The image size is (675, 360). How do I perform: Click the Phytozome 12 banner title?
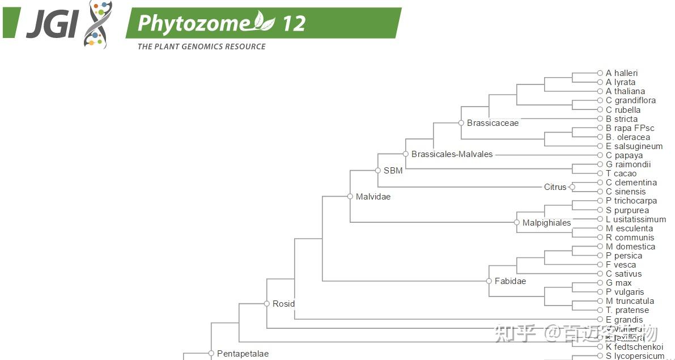(222, 23)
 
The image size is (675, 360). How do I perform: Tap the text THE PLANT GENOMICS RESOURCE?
(201, 46)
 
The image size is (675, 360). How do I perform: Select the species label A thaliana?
(625, 91)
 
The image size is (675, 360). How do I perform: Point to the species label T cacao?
(621, 173)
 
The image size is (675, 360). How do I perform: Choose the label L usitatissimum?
(636, 219)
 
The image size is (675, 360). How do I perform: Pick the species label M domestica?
(630, 247)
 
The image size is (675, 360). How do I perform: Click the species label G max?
(618, 283)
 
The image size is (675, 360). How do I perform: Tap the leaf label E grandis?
(624, 320)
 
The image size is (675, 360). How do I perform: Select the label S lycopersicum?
(635, 356)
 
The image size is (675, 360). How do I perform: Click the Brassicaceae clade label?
(493, 123)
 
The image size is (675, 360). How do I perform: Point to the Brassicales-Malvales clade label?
(452, 154)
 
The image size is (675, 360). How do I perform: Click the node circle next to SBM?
(378, 170)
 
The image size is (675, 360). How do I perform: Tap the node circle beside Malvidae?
(350, 197)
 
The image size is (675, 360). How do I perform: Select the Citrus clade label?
(555, 187)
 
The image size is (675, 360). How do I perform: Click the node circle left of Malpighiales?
(517, 223)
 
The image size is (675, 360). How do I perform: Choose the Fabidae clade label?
(510, 281)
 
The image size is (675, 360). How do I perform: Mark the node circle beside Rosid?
(267, 304)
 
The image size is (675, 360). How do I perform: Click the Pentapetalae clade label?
(243, 354)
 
